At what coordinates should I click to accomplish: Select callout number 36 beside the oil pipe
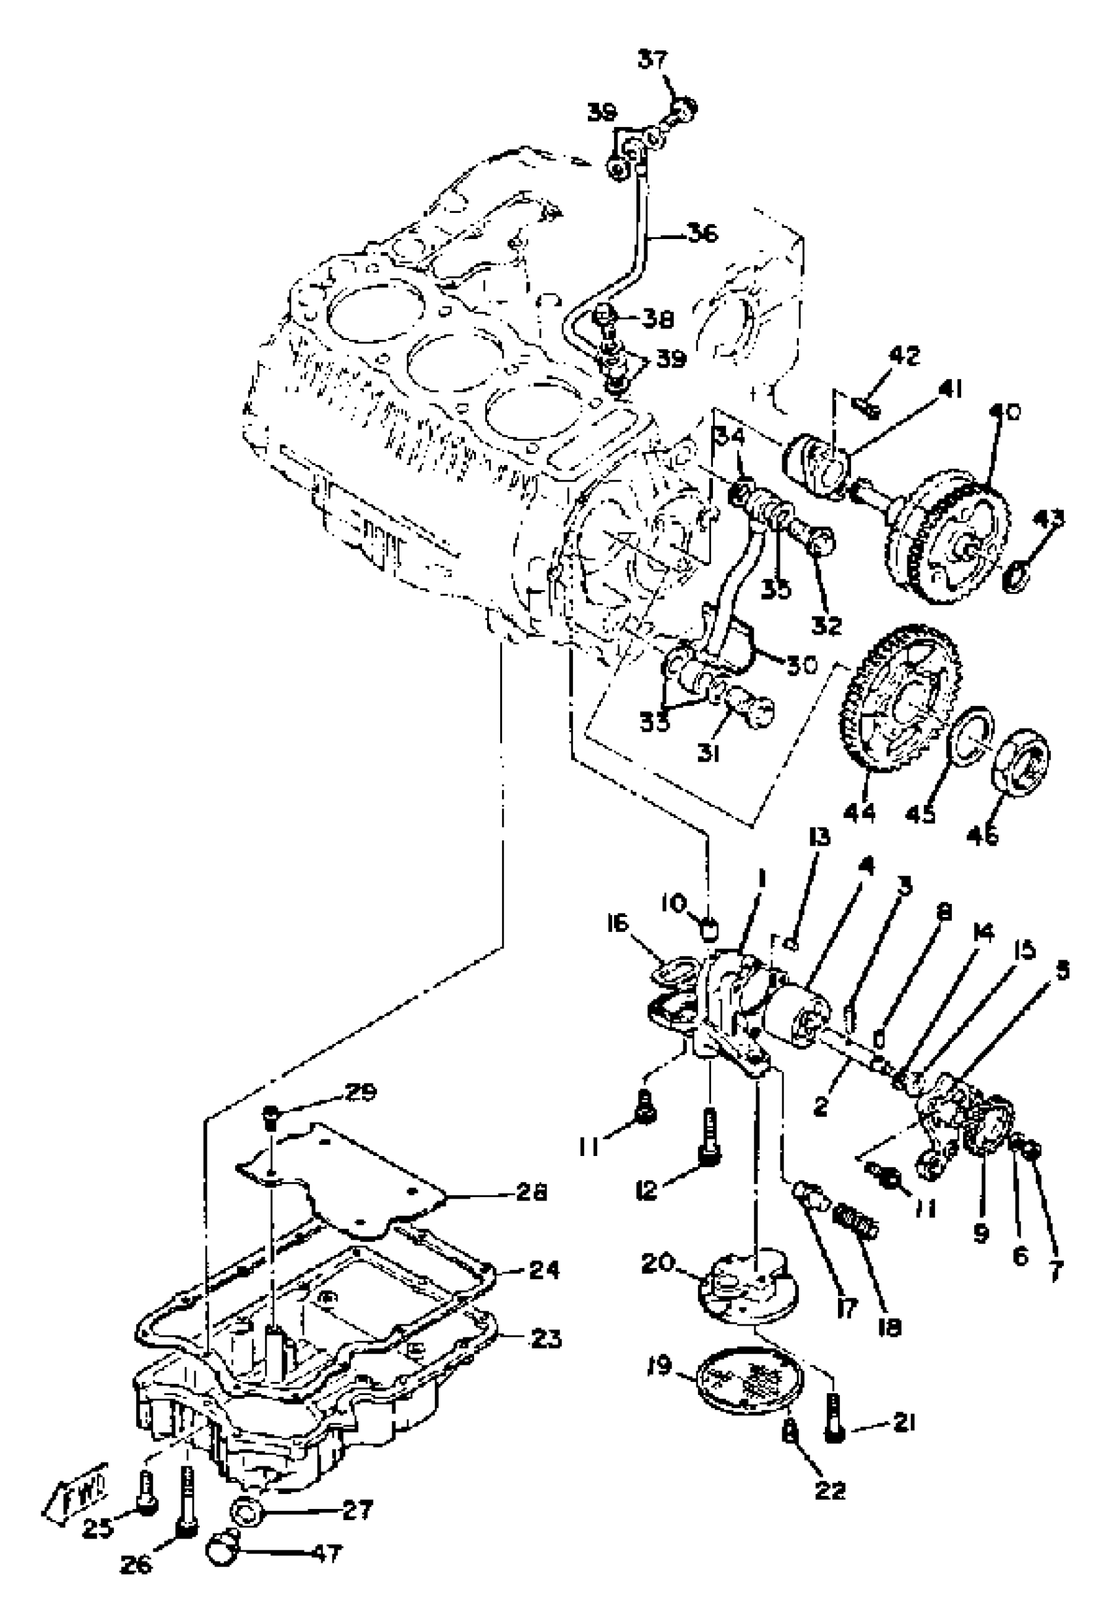702,234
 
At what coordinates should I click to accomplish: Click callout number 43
1051,518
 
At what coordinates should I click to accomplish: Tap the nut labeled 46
1021,761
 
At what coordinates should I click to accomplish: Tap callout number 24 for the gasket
543,1270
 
